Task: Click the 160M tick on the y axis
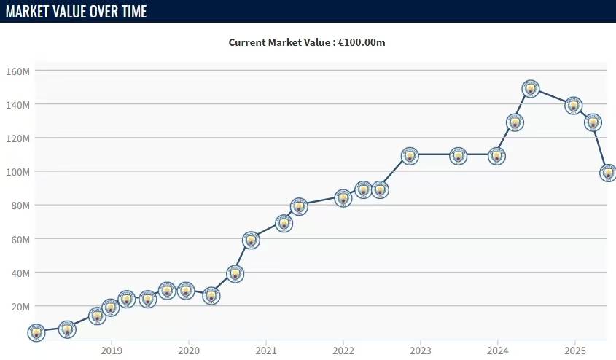pyautogui.click(x=17, y=71)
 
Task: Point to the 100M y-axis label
pyautogui.click(x=17, y=172)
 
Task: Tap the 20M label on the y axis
pyautogui.click(x=19, y=307)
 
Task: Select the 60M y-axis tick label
pyautogui.click(x=19, y=239)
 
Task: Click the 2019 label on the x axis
pyautogui.click(x=112, y=349)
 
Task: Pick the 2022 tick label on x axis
pyautogui.click(x=343, y=349)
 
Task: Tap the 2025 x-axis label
pyautogui.click(x=574, y=349)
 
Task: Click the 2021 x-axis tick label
pyautogui.click(x=266, y=349)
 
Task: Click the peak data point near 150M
pyautogui.click(x=531, y=89)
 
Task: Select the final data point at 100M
pyautogui.click(x=608, y=173)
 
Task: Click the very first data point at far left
pyautogui.click(x=36, y=332)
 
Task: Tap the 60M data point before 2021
pyautogui.click(x=251, y=240)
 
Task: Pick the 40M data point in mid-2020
pyautogui.click(x=235, y=274)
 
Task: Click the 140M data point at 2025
pyautogui.click(x=574, y=106)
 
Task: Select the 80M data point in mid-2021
pyautogui.click(x=298, y=207)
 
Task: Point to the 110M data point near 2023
pyautogui.click(x=410, y=156)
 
